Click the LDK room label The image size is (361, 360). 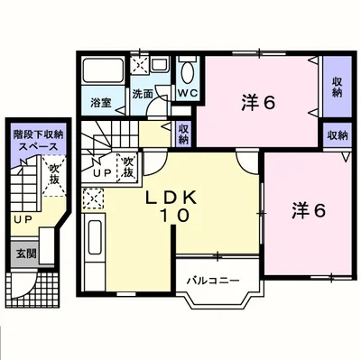pos(171,198)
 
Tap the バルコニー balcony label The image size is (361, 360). pos(213,282)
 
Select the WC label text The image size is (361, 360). pos(188,93)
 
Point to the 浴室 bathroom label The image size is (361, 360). pos(101,103)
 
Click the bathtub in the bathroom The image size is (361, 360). pos(103,70)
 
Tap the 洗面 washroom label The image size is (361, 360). pos(143,94)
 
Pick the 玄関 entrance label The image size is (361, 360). pos(26,254)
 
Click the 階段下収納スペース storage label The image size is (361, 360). pos(38,141)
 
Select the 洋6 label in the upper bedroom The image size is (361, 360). pos(258,103)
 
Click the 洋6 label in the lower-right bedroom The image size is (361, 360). pos(309,210)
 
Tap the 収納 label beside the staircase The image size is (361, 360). pos(184,134)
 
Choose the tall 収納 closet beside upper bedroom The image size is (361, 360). pos(338,87)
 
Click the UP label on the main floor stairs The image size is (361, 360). pos(102,172)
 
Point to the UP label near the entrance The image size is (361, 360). pos(23,219)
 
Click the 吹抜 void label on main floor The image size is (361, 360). pos(128,167)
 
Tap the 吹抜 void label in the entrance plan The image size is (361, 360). pos(54,174)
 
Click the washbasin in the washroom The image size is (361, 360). pos(159,64)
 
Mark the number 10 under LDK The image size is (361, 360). pos(174,216)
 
